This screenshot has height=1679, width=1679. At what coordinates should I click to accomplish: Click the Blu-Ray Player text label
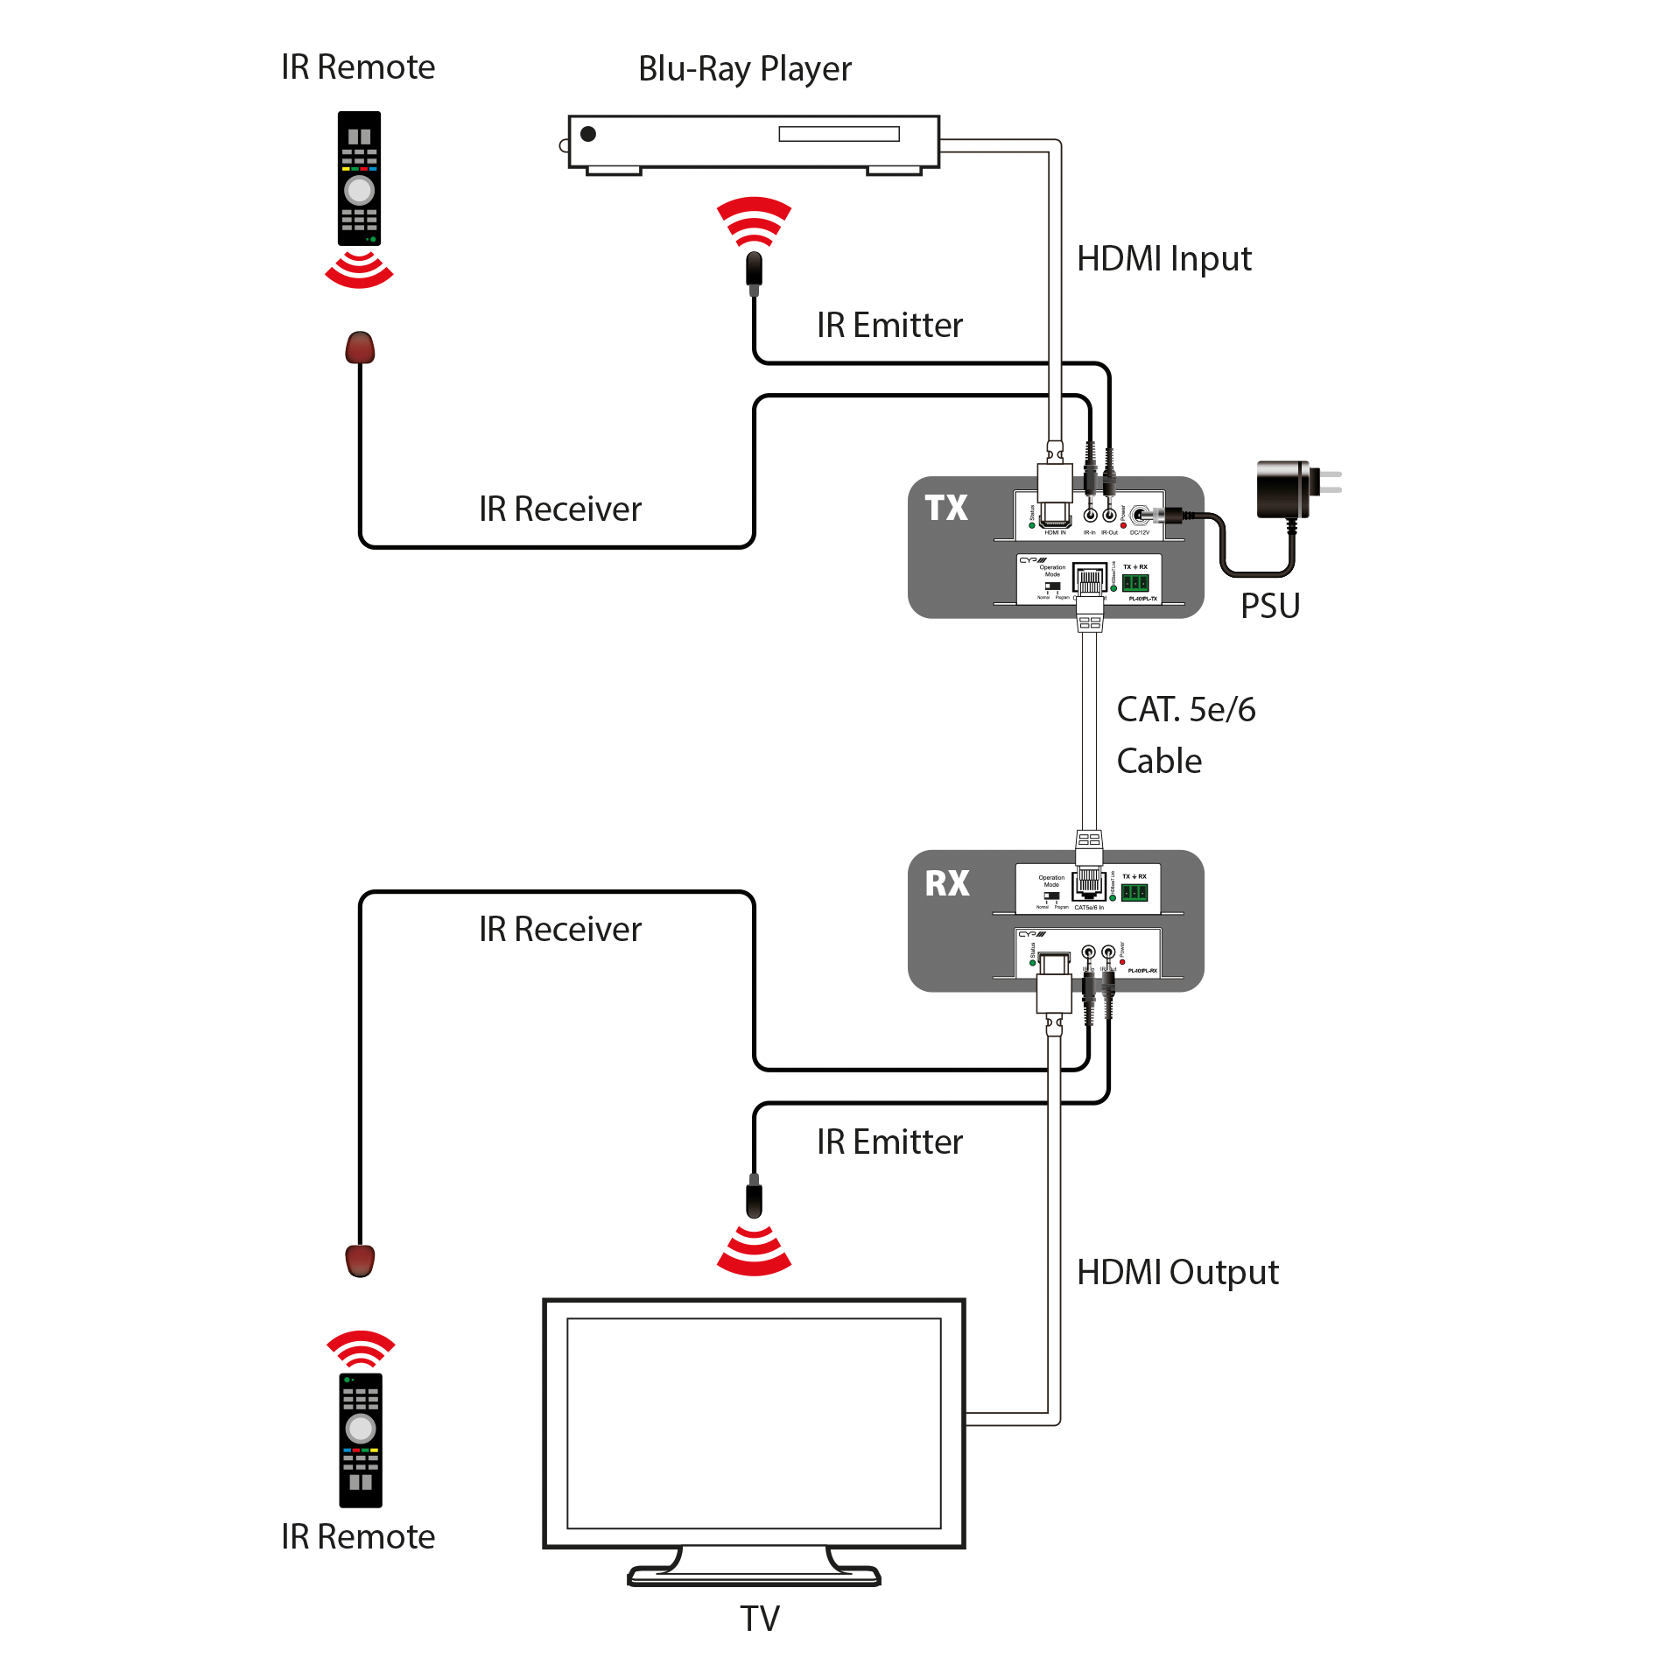[x=744, y=69]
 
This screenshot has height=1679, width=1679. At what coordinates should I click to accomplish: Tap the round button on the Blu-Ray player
[x=588, y=134]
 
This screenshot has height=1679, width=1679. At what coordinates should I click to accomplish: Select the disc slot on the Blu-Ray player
[x=839, y=134]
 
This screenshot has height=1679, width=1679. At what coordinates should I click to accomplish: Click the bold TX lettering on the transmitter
[x=946, y=508]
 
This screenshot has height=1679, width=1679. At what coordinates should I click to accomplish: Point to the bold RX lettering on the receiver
[x=947, y=883]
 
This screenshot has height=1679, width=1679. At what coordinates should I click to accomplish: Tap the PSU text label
[x=1270, y=606]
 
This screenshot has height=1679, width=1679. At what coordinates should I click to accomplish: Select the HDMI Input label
[x=1163, y=259]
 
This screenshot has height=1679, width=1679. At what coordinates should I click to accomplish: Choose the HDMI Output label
[x=1177, y=1272]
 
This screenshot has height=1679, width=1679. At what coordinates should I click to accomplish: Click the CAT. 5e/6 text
[x=1185, y=710]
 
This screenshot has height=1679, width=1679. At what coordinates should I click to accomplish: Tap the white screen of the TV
[x=754, y=1423]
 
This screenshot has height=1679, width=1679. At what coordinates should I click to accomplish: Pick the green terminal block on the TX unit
[x=1135, y=583]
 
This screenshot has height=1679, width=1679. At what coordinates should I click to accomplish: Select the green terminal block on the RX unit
[x=1135, y=893]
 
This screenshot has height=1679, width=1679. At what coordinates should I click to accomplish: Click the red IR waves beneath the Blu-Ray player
[x=754, y=221]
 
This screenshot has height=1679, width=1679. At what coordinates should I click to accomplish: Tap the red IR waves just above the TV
[x=754, y=1252]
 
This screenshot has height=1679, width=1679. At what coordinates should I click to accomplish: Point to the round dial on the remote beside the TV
[x=361, y=1429]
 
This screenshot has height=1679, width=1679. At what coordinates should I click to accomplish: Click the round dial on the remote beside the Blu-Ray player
[x=359, y=190]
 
